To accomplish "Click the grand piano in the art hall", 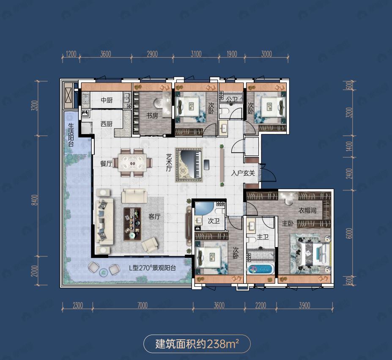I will coord(189,165).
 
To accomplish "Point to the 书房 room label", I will coord(152,115).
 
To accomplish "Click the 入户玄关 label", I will coord(242,173).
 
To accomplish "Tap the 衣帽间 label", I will coord(307,210).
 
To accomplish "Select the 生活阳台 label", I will coord(71,135).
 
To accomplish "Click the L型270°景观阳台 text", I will coord(152,268).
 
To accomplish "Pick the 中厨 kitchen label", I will coord(106,100).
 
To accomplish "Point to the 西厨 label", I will coord(106,124).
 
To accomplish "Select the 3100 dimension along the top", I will coord(196,54).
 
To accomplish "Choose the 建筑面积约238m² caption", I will coord(197,344).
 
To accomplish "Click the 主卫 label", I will coord(263,237).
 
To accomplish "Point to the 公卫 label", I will coord(232,99).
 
